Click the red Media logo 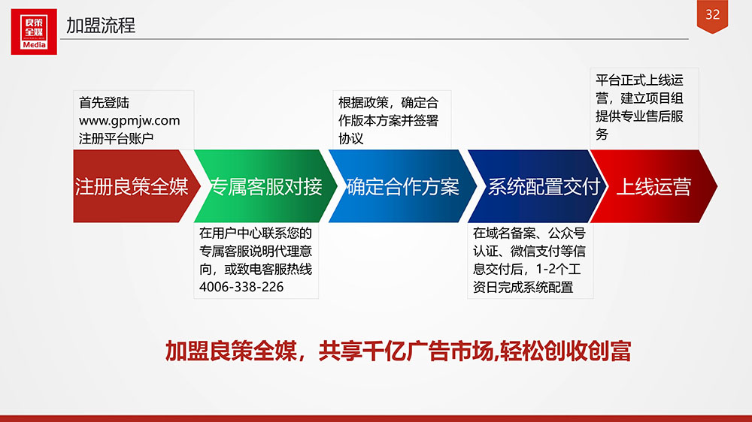[34, 32]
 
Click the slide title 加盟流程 [101, 26]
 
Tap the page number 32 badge [712, 16]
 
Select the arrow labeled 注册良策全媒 [136, 186]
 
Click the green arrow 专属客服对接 [266, 186]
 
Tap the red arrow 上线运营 [653, 186]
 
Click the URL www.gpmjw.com [129, 120]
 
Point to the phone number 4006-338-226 [241, 287]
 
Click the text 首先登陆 [104, 103]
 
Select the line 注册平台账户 [116, 138]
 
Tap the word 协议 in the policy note [351, 138]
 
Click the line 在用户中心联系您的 [256, 234]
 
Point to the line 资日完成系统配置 [523, 288]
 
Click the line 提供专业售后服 [639, 116]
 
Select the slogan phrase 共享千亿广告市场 [406, 351]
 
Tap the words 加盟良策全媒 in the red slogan [231, 351]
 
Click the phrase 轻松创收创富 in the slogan [565, 351]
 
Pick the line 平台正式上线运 [639, 80]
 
